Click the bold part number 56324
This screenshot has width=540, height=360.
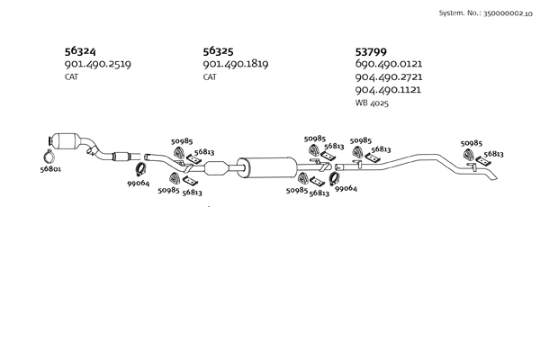coord(80,51)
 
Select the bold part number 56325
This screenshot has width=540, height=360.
coord(218,51)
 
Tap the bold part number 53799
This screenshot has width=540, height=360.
coord(371,51)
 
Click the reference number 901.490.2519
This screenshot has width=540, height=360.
coord(98,64)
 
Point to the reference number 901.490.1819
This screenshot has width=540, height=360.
coord(236,64)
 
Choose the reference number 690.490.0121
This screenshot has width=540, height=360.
coord(389,64)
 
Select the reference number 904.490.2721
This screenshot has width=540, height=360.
coord(389,76)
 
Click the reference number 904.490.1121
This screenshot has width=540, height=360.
coord(388,90)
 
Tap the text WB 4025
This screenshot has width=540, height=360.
coord(372,103)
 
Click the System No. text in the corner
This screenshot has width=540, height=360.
coord(486,13)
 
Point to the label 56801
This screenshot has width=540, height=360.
coord(50,169)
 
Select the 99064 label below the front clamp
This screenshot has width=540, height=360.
coord(139,184)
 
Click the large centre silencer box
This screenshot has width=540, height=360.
coord(267,167)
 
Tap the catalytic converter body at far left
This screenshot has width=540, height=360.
coord(69,141)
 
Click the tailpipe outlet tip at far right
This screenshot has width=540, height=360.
coord(494,177)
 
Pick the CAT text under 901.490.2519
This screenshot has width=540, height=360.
coord(71,76)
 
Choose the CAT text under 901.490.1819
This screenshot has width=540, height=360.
coord(210,76)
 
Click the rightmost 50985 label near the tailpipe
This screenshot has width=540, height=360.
coord(472,143)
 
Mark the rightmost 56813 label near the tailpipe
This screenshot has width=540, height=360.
coord(493,154)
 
